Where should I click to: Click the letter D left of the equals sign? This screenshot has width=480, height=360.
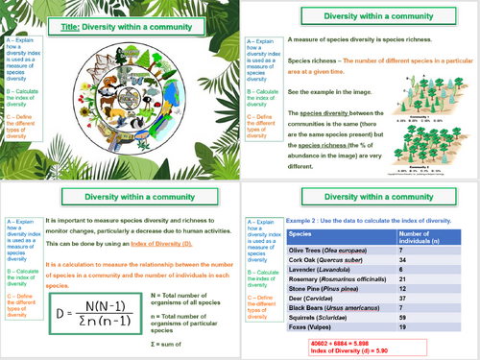coord(62,314)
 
